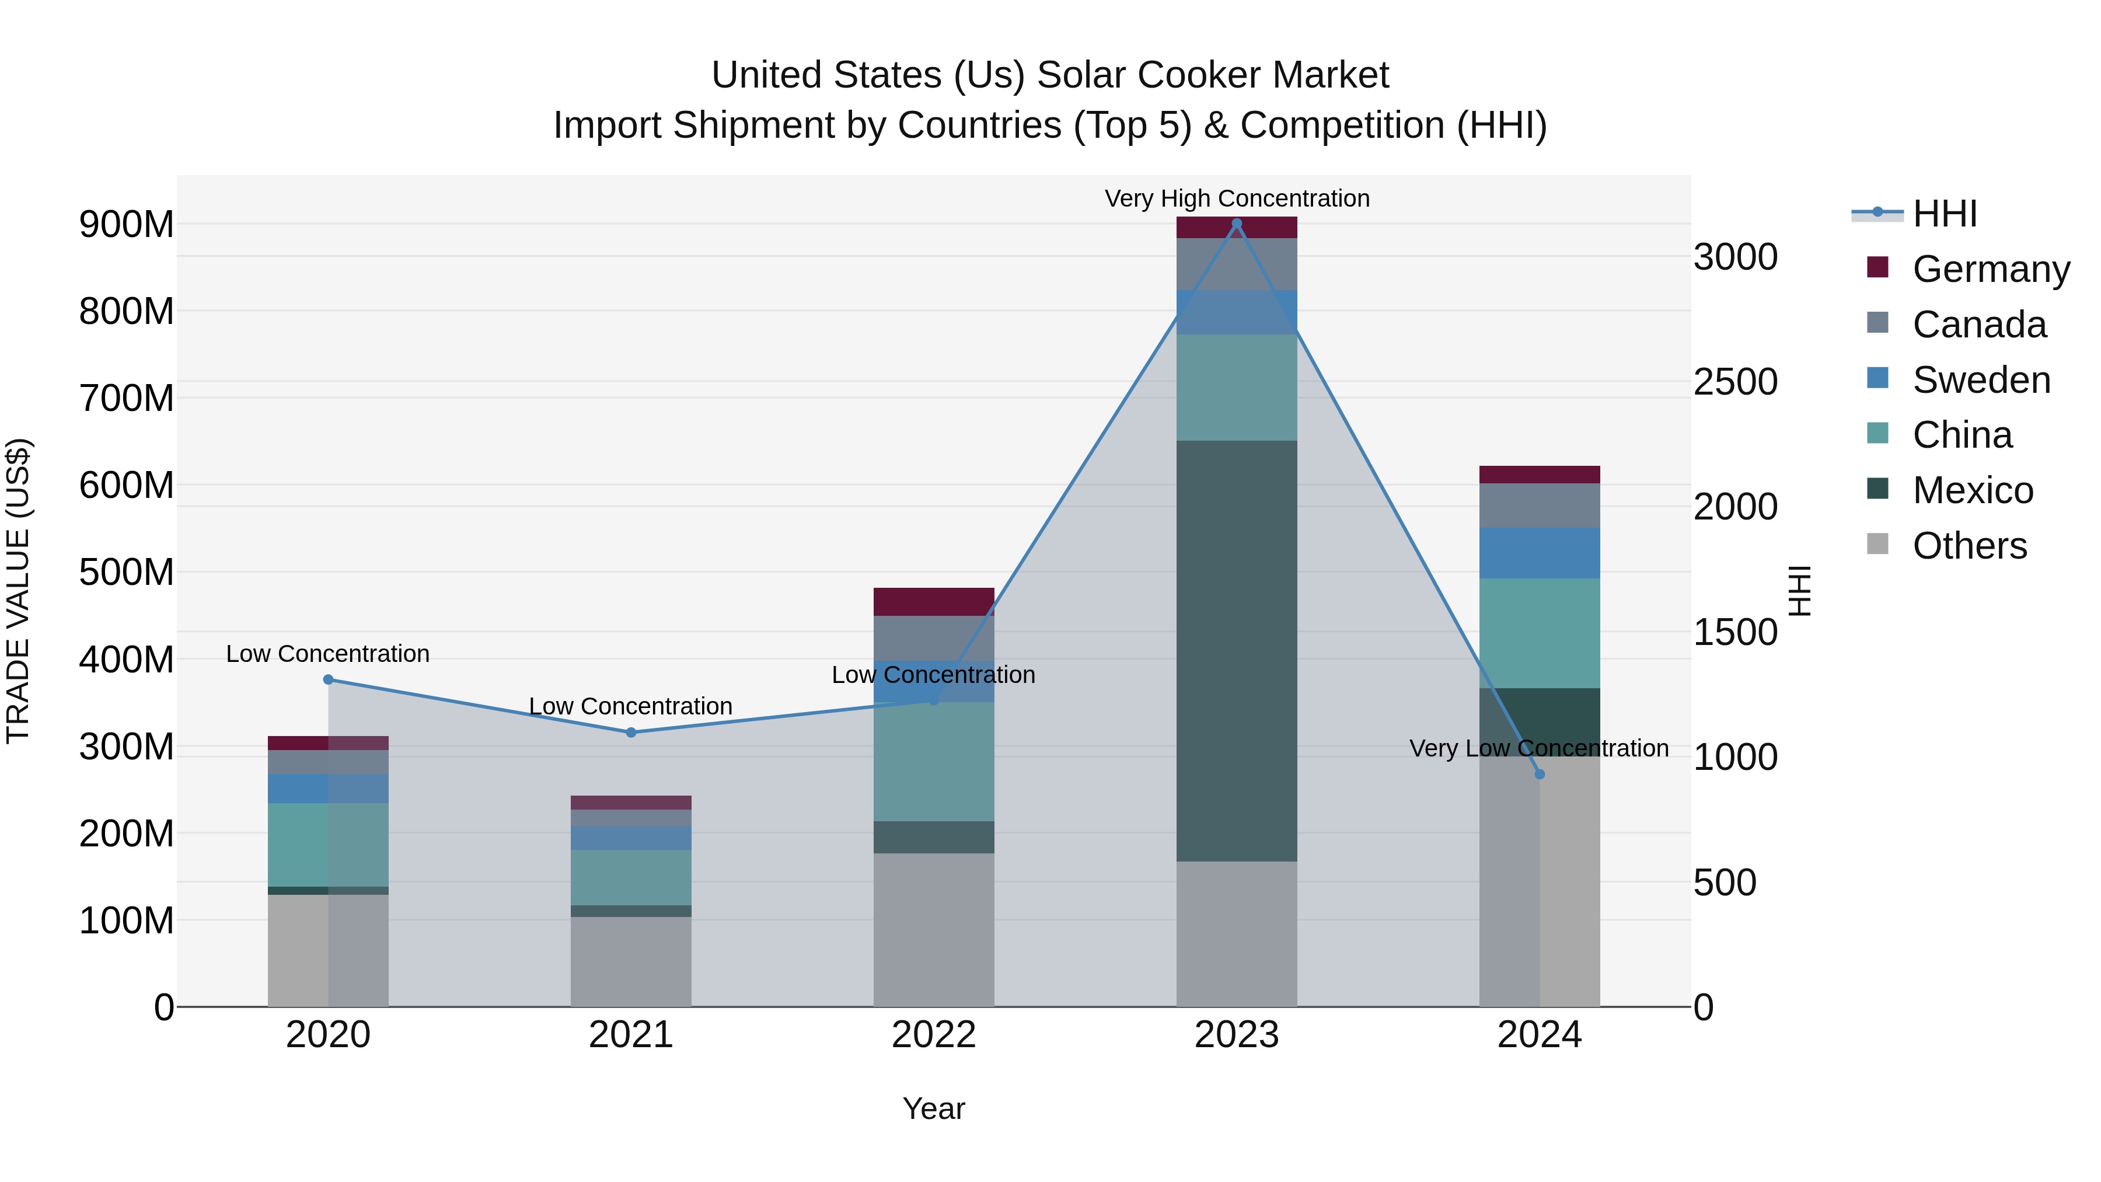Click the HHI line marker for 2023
(x=1237, y=224)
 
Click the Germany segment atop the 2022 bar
(x=934, y=602)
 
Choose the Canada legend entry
(x=1978, y=325)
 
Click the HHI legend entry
(x=1945, y=214)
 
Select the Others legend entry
(x=1969, y=546)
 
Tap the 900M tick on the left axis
(x=127, y=224)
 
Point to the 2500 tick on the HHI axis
(x=1736, y=382)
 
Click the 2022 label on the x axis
(x=934, y=1035)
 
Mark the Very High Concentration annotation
(x=1237, y=198)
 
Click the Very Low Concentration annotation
(x=1538, y=748)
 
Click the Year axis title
(x=934, y=1108)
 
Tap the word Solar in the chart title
(x=1081, y=75)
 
